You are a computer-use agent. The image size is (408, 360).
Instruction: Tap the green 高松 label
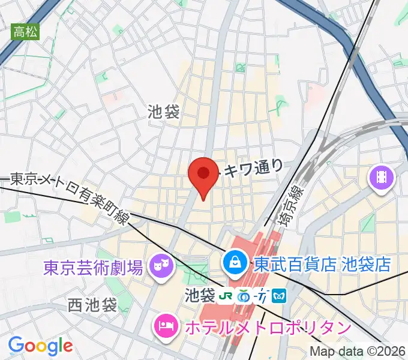[25, 32]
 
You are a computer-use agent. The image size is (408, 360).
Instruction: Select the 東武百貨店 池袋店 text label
[322, 263]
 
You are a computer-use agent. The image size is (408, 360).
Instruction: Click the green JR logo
[226, 296]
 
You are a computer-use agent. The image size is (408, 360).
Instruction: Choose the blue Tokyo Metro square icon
[280, 296]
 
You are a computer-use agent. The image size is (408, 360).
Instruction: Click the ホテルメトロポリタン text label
[267, 328]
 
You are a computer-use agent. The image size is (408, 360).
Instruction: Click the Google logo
[40, 346]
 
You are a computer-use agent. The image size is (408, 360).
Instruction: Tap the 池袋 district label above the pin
[163, 111]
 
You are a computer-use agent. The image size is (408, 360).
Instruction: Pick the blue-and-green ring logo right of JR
[244, 296]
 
